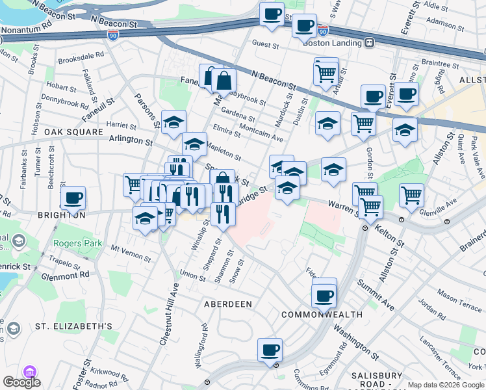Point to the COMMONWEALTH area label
(322, 315)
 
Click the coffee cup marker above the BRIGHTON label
(73, 197)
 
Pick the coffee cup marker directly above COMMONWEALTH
(324, 296)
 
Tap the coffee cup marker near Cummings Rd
(270, 350)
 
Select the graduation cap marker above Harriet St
(173, 122)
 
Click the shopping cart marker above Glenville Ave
(411, 194)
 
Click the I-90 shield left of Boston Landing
(323, 30)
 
